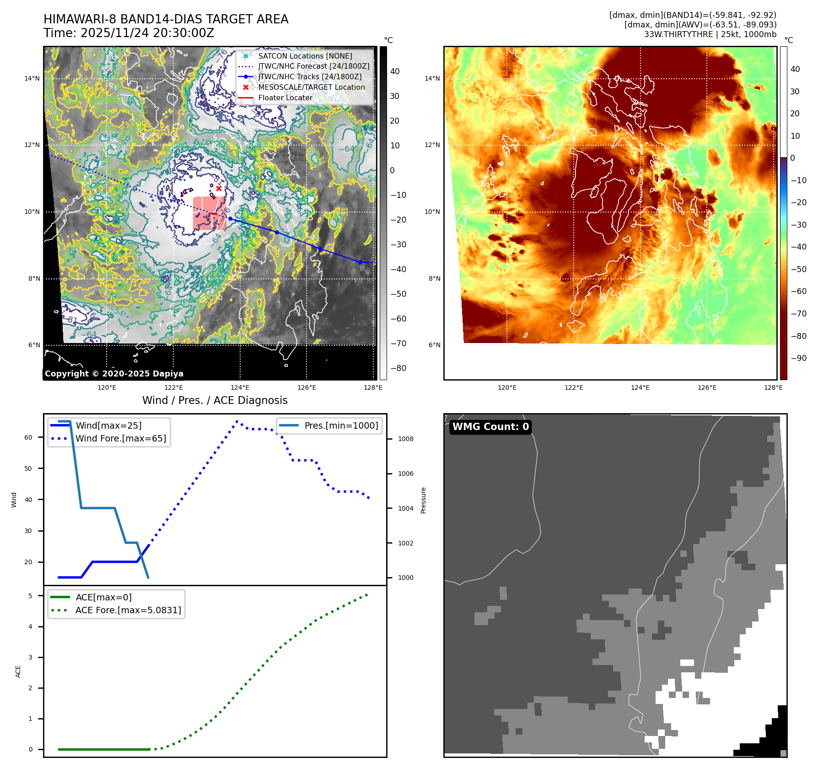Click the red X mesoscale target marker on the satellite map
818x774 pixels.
219,188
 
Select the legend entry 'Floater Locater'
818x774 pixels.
285,98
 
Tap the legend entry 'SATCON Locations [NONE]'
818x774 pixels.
305,56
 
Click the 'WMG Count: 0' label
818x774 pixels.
490,427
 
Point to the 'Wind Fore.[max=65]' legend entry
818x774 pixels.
121,438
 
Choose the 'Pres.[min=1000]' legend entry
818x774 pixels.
341,425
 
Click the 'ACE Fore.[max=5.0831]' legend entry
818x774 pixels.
128,610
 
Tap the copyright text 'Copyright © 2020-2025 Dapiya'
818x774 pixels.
114,374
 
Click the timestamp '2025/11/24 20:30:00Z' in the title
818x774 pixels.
147,33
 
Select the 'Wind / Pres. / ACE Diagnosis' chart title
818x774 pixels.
215,400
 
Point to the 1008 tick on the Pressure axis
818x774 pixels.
405,439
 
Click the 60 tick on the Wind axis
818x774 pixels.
28,437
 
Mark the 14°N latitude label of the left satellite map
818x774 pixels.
32,78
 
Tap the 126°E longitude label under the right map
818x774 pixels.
707,387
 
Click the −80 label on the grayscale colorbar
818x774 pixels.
398,368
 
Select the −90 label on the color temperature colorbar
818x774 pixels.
798,358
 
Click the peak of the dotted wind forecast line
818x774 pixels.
237,421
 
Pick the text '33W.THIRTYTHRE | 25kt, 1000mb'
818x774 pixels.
710,34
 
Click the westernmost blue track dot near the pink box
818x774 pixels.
231,219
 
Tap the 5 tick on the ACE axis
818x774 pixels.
31,596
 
